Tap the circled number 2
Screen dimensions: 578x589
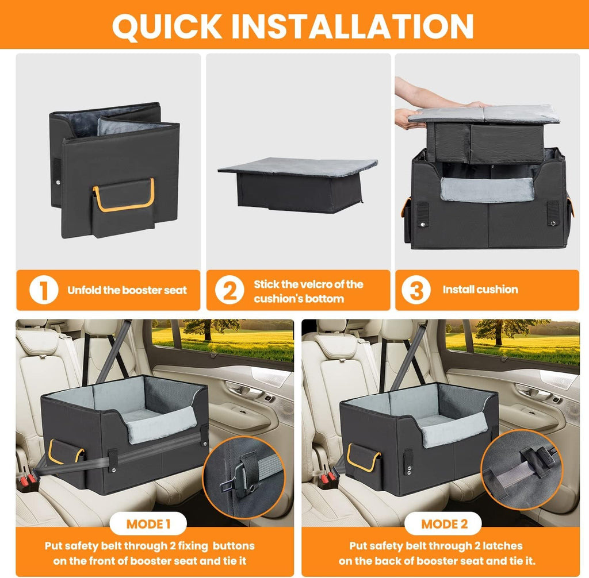[x=230, y=291]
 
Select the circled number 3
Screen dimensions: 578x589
[x=416, y=290]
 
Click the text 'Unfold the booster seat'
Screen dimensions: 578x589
[x=127, y=290]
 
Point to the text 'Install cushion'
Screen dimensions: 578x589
[x=480, y=290]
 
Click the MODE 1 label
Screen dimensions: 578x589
[x=148, y=524]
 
